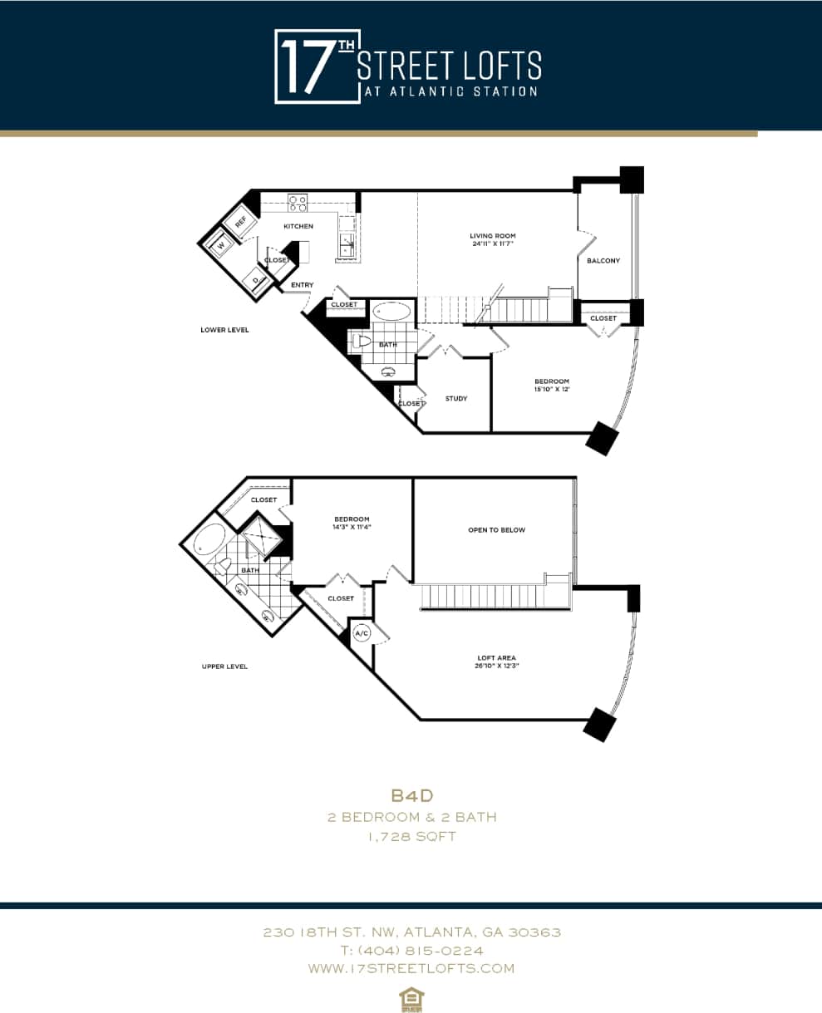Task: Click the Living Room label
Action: pos(492,236)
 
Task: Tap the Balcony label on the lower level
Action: pos(603,261)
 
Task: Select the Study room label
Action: pos(455,399)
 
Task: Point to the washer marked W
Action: pos(221,245)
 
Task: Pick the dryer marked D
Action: pos(255,281)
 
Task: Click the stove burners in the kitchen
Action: pos(298,202)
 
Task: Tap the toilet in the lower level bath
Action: pos(362,341)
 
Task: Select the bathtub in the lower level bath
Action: pos(391,312)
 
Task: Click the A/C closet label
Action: pos(362,633)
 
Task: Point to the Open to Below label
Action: pos(496,530)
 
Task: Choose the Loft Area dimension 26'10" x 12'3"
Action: pos(495,666)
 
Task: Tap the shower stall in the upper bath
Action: pos(263,536)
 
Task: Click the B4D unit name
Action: pos(411,795)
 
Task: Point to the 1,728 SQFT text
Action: pos(411,837)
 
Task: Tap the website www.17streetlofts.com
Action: pos(411,968)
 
